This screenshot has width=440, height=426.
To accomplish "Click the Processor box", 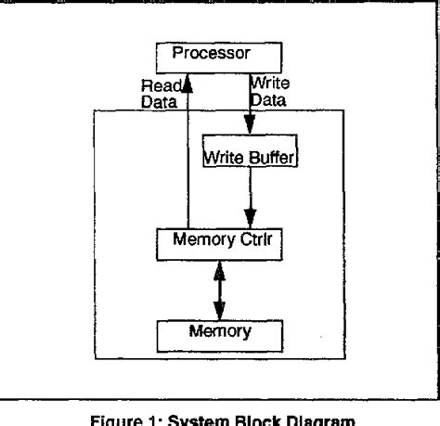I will [220, 55].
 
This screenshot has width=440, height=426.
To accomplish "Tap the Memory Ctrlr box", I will [220, 243].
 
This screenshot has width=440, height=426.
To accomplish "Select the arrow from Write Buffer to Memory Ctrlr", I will [247, 201].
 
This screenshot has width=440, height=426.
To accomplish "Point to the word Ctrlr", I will [254, 243].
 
